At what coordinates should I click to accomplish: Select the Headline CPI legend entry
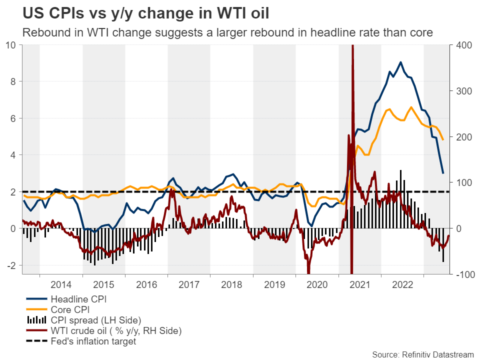click(x=79, y=299)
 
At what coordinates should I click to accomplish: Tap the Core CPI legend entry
click(x=73, y=309)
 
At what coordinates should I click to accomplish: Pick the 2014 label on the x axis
click(x=61, y=284)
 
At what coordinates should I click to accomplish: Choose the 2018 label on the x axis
click(x=231, y=284)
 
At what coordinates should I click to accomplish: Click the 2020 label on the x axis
click(x=317, y=284)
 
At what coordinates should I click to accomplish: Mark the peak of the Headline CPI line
click(x=400, y=62)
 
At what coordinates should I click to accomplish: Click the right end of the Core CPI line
click(x=443, y=139)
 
